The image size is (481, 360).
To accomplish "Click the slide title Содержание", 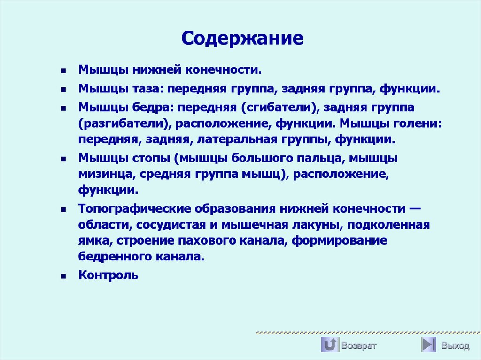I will pos(242,38).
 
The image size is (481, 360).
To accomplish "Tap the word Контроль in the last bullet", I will pos(109,275).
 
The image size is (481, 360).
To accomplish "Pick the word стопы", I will pos(148,159).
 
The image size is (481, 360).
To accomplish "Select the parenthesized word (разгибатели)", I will pos(124,123).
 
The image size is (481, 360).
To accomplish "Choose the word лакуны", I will pos(316,225).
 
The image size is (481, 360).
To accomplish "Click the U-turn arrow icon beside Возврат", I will pos(330,345).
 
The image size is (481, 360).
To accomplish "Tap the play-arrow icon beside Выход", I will pos(429,345).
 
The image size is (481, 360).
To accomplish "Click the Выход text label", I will pos(455,345).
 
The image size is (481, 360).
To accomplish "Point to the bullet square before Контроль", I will pos(63,276).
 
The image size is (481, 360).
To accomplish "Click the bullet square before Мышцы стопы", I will pos(63,160).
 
